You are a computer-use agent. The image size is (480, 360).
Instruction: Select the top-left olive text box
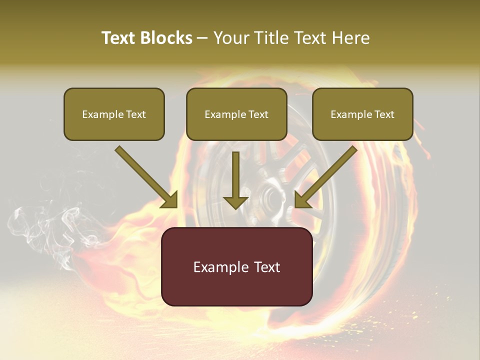114,114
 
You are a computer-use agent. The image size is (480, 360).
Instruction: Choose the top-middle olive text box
236,114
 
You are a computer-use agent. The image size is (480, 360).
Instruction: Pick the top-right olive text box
362,114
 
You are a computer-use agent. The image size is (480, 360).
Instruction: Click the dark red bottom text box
236,266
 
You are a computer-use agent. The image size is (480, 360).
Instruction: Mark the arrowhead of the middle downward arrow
235,201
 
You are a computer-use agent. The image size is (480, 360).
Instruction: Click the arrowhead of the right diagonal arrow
303,199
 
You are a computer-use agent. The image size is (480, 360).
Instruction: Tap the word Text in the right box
384,114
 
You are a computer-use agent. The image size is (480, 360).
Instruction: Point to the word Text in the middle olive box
258,114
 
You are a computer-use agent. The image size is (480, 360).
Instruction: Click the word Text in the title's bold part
118,38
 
